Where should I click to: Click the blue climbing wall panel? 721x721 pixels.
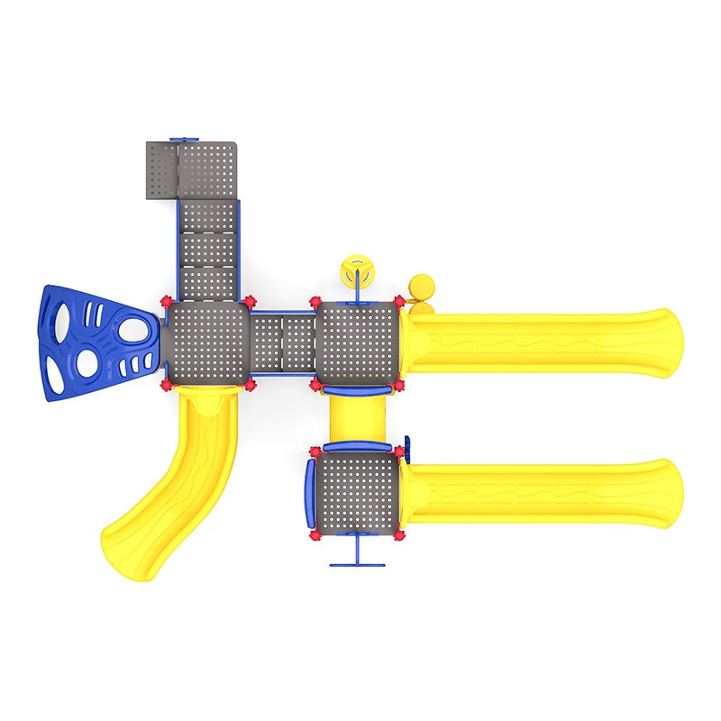tap(95, 342)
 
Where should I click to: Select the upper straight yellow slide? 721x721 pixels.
tap(541, 342)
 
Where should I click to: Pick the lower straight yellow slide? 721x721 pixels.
tap(541, 493)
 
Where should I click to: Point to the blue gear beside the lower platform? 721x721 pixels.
tap(407, 447)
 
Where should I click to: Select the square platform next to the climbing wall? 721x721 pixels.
tap(206, 342)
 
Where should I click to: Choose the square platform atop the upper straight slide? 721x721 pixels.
tap(358, 342)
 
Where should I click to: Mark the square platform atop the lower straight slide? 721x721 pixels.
tap(358, 493)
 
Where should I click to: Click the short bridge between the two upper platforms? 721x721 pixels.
tap(281, 342)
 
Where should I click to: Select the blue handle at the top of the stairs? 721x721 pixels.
tap(184, 140)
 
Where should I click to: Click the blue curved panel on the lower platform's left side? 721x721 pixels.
tap(308, 493)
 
